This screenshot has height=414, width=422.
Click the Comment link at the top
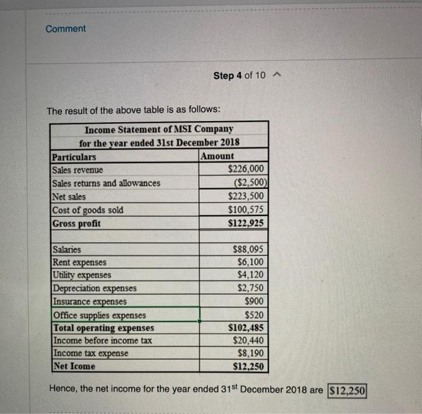(66, 29)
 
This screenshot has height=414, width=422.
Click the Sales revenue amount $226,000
(246, 170)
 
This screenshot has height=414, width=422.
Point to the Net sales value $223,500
(246, 196)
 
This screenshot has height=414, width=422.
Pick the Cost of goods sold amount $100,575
(246, 210)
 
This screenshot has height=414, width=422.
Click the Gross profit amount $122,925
(246, 223)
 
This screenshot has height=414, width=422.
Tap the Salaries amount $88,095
(248, 249)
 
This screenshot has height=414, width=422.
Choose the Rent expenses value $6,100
(250, 262)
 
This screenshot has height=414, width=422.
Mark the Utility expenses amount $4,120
(250, 275)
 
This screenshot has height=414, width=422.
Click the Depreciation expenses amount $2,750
(250, 288)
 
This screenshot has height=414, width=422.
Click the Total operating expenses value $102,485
(246, 328)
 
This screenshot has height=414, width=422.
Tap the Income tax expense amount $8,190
(250, 353)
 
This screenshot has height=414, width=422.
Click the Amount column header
(218, 156)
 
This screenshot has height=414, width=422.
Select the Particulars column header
(74, 156)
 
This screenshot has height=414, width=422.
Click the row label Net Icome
(74, 366)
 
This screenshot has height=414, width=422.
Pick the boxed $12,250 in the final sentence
(347, 390)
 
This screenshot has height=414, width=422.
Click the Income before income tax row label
(102, 341)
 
